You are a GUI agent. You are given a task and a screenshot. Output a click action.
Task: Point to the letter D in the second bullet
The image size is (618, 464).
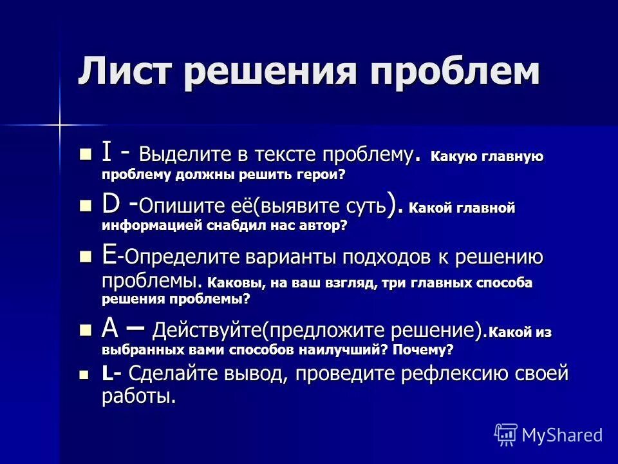point(110,206)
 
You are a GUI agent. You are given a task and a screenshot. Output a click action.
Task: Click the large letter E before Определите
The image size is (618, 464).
point(109,256)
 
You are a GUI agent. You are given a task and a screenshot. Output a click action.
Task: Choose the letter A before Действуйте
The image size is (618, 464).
point(110,330)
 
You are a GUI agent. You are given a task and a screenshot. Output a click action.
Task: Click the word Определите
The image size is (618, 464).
point(169,258)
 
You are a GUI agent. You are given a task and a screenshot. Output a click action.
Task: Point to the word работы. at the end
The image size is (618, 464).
point(138,396)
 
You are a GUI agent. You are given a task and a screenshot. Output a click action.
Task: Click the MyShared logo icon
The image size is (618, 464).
point(506,434)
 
